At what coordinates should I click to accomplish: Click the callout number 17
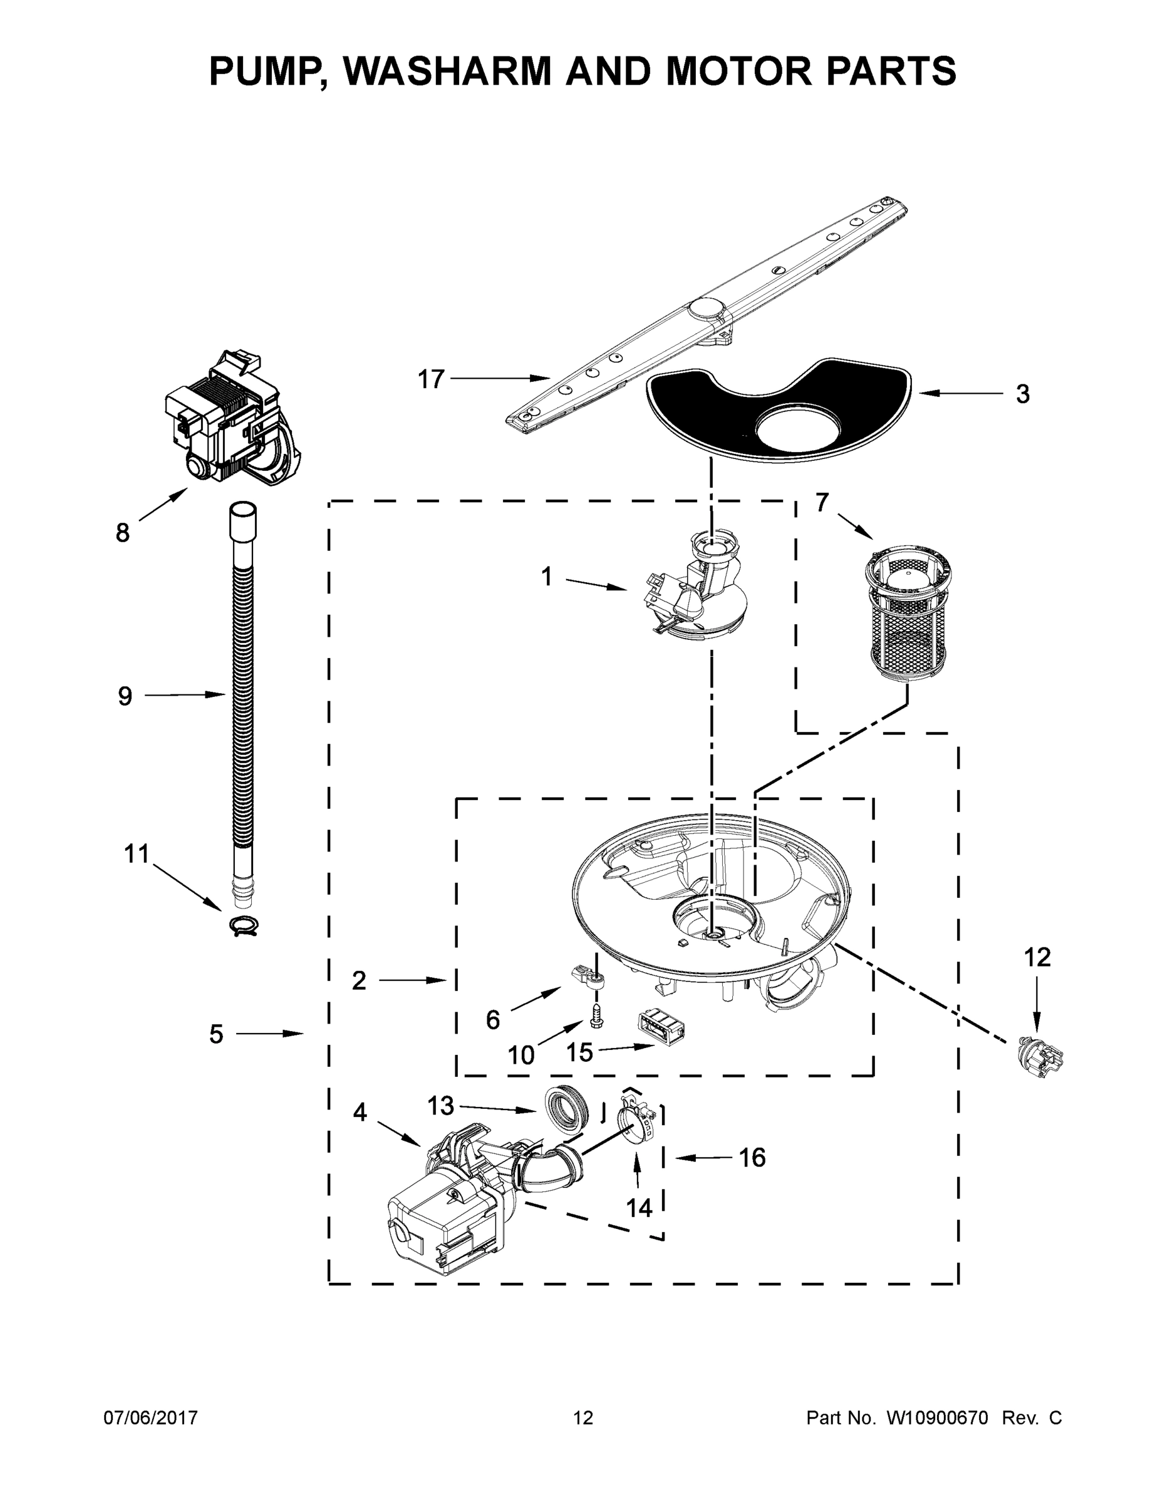pos(431,379)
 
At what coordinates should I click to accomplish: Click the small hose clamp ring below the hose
pos(243,926)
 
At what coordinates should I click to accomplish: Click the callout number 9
pos(125,696)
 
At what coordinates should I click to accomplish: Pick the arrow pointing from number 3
pos(960,393)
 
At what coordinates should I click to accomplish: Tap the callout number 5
pos(216,1034)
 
